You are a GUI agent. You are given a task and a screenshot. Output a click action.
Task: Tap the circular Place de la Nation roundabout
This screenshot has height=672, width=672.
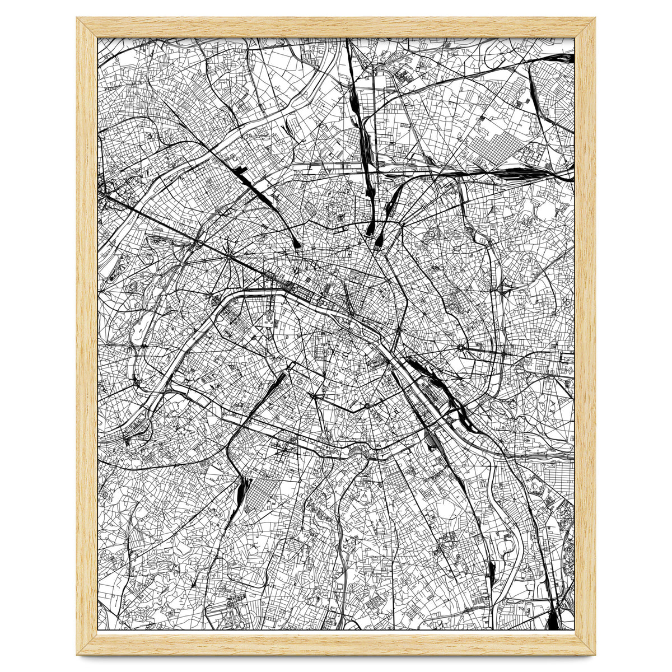coord(460,348)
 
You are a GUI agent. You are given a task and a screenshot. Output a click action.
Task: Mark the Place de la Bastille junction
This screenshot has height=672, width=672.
coord(397,333)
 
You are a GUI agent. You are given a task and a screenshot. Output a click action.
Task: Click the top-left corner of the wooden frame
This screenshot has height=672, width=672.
coord(78,19)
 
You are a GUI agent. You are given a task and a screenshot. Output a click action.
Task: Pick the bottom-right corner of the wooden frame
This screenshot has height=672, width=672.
coord(594,653)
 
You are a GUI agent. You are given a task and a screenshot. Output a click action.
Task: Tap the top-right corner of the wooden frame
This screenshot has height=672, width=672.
coord(594,19)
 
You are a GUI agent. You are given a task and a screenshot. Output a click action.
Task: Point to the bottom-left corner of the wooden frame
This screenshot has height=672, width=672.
coord(78,653)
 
